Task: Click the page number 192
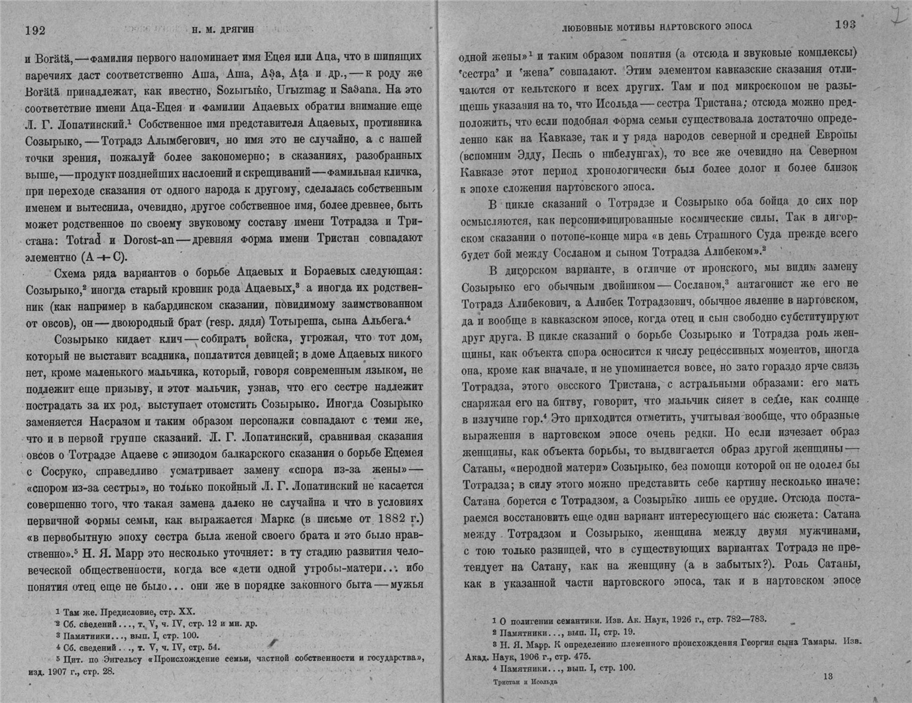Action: click(x=35, y=29)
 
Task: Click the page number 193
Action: click(x=845, y=25)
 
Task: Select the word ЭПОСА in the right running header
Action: click(x=735, y=27)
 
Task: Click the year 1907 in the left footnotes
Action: click(x=58, y=671)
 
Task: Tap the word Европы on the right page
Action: click(x=834, y=136)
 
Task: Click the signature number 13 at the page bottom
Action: click(x=826, y=676)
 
